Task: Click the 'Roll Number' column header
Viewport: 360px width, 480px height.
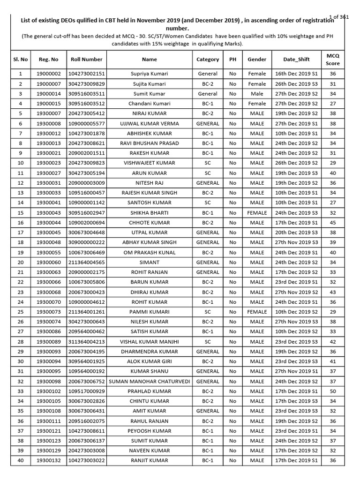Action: click(86, 60)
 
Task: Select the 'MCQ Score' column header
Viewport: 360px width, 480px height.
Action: click(333, 60)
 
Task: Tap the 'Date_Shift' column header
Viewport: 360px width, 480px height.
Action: click(296, 60)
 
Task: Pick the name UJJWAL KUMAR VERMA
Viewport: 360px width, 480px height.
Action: click(150, 123)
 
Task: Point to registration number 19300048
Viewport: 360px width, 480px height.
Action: click(49, 242)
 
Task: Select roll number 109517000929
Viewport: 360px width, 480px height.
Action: click(86, 391)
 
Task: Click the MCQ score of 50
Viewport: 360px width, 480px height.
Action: click(333, 391)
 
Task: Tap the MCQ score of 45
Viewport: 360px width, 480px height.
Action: click(333, 223)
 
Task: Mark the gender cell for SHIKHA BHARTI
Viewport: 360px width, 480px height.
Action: click(257, 213)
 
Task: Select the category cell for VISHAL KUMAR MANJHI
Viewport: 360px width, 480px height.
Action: click(208, 342)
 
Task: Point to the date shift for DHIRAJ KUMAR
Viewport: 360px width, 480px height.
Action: click(296, 292)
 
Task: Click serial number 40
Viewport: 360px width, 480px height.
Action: click(21, 460)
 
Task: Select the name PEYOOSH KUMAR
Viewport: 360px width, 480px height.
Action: click(150, 431)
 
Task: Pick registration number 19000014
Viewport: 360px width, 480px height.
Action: click(49, 94)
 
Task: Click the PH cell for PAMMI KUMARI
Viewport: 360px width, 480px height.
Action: click(232, 312)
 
